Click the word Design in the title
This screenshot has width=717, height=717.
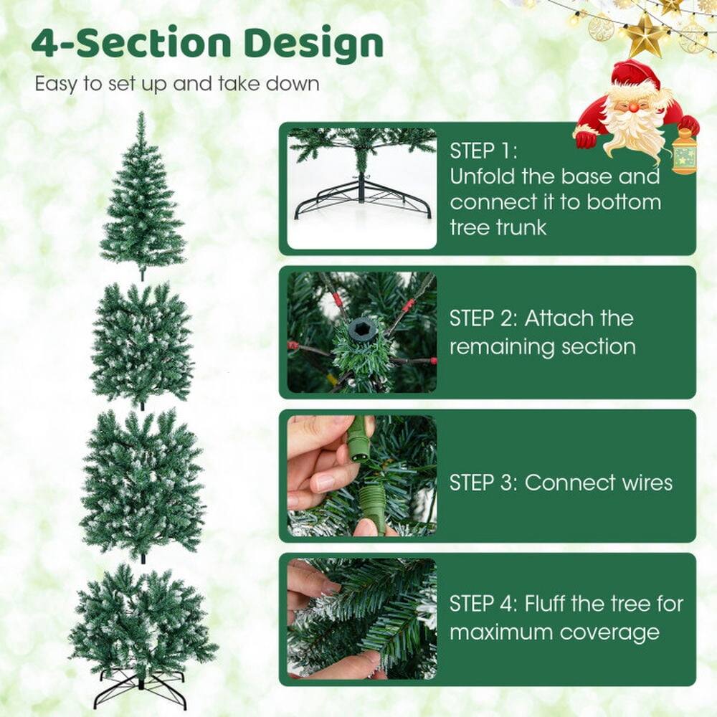point(313,44)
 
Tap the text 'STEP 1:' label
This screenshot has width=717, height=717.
point(483,151)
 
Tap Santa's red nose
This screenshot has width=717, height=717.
point(634,107)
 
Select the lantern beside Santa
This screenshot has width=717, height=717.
point(685,152)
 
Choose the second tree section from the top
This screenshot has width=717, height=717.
point(142,344)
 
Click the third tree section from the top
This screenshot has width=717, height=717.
point(142,484)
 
